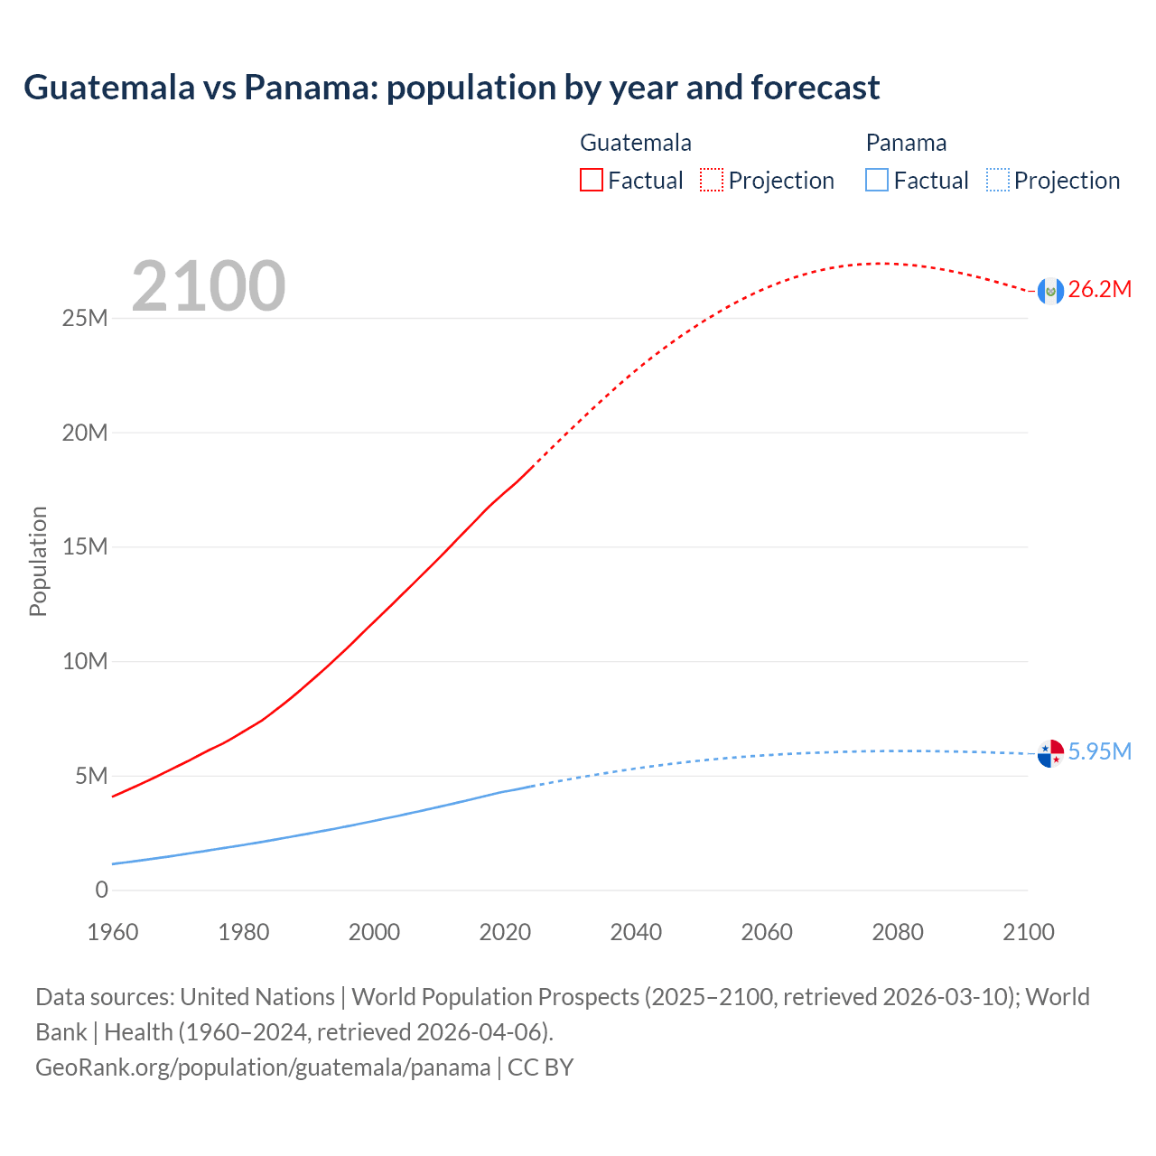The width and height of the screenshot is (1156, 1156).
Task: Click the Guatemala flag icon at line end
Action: (1050, 291)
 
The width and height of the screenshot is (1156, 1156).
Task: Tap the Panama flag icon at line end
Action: (1050, 753)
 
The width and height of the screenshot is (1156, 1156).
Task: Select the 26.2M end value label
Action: (1100, 290)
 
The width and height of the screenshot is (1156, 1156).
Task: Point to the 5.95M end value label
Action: (1100, 752)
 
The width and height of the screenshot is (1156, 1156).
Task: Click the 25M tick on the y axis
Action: (85, 319)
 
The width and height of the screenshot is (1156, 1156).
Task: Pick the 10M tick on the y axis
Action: (85, 662)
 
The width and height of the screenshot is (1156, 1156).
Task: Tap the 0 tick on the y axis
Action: (101, 890)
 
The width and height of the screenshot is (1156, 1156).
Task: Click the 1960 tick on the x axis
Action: (113, 933)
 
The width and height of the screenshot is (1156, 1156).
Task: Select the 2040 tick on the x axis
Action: (636, 933)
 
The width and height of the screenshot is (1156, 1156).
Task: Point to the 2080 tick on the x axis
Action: (898, 933)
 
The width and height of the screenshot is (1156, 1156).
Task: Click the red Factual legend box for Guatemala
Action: (592, 181)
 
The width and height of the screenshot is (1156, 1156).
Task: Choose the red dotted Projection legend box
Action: (712, 181)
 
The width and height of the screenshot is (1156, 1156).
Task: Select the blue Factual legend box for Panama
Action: (877, 181)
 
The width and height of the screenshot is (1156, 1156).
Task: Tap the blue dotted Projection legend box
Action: (997, 181)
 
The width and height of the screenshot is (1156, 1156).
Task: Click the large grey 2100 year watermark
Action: (209, 287)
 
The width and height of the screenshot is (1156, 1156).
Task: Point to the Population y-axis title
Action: (38, 562)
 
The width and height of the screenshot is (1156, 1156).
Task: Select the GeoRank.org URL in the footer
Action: (263, 1067)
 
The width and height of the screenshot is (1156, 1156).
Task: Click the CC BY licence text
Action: (541, 1067)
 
